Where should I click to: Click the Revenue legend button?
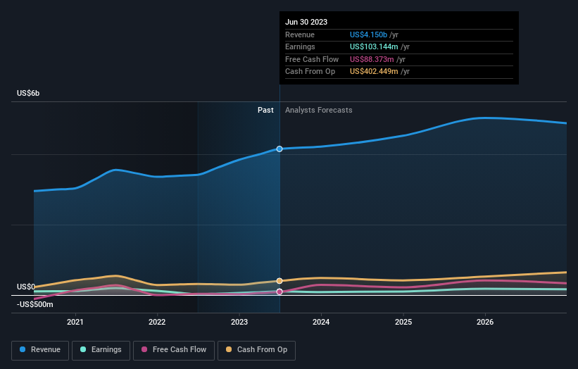[x=40, y=349]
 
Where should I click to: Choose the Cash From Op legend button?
[x=257, y=349]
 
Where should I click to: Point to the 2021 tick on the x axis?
[x=75, y=322]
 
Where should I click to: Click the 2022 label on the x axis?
[x=157, y=322]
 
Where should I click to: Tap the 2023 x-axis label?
[x=239, y=322]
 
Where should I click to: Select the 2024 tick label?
[x=321, y=322]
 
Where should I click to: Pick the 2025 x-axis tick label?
[x=403, y=322]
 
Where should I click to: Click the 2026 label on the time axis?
[x=485, y=322]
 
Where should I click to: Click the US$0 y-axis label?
[x=25, y=287]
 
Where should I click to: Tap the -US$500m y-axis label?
[x=34, y=304]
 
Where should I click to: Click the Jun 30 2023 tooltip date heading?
[x=306, y=22]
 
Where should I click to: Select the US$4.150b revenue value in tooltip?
[x=374, y=35]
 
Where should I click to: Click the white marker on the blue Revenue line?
[x=279, y=149]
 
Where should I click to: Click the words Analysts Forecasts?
[x=319, y=110]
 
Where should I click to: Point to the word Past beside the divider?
[x=265, y=110]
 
